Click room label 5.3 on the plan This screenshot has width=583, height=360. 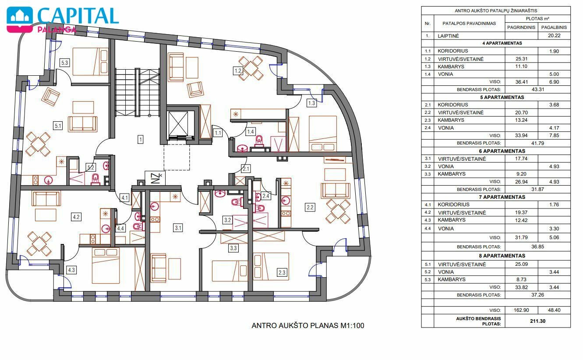64,63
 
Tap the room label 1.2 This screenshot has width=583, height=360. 238,71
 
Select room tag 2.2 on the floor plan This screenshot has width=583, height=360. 310,208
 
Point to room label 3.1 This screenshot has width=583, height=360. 178,228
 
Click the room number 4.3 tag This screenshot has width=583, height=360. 71,270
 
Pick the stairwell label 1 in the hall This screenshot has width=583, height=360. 141,140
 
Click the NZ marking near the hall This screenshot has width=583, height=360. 155,178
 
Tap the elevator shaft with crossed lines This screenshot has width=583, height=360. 178,124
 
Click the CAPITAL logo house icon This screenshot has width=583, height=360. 20,18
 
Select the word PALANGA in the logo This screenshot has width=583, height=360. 57,29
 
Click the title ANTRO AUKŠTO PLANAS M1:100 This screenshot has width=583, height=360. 308,326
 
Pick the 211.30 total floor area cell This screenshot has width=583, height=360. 538,321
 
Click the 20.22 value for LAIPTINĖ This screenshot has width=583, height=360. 554,35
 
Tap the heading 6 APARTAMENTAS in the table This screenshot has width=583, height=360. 502,151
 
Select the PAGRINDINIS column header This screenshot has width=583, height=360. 521,27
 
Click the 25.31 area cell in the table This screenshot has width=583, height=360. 521,59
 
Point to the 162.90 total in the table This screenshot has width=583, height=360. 521,310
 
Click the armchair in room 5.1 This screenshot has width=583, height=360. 51,97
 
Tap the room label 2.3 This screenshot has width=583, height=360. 282,272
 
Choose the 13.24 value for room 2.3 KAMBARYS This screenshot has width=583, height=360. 521,120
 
